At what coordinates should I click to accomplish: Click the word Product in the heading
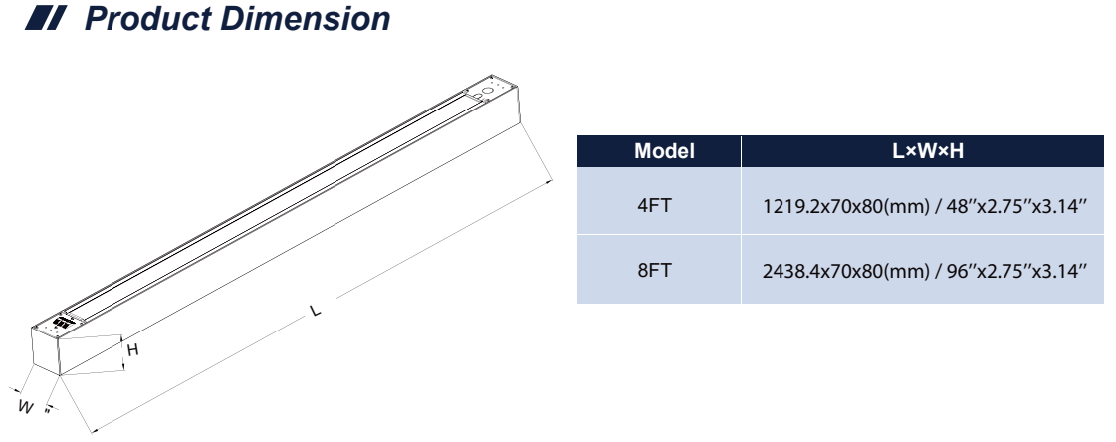pos(142,20)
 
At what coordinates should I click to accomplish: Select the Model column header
pos(664,152)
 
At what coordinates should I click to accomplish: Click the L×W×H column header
pos(922,152)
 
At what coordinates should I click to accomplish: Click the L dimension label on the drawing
pos(316,312)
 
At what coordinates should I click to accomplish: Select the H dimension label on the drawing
pos(131,348)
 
